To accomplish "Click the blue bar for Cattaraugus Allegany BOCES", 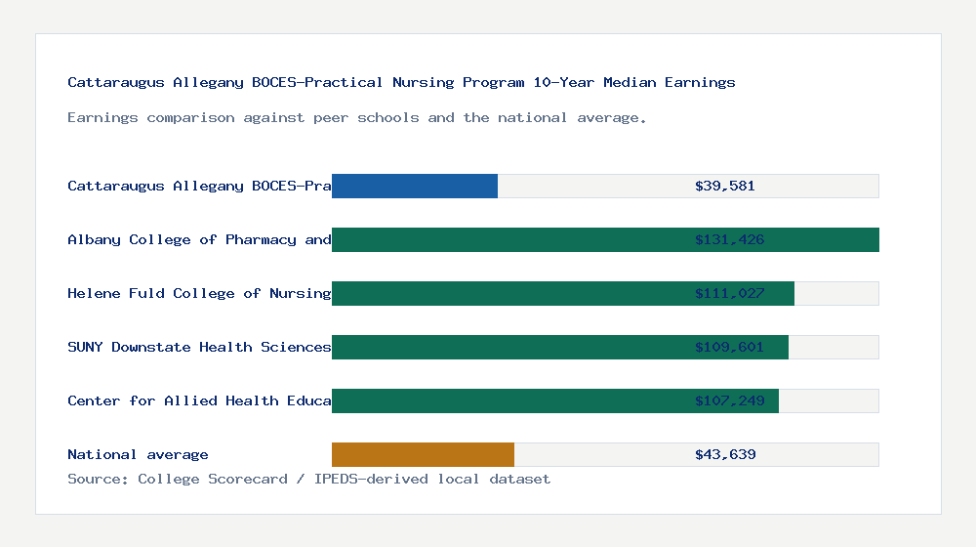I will tap(415, 186).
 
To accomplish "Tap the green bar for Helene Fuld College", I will tap(508, 293).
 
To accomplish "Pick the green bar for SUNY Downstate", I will tap(508, 347).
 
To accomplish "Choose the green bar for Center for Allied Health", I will tap(508, 400).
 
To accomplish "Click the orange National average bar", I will tap(423, 454).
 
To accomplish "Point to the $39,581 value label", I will tap(724, 186).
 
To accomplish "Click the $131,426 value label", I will tap(729, 239).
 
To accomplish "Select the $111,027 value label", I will tap(729, 293).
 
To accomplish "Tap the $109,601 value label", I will tap(729, 347).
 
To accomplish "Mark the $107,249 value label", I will tap(729, 400).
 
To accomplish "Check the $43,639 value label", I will tap(724, 454).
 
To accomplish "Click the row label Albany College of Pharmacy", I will tap(199, 239).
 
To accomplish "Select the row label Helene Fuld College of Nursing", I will tap(199, 293).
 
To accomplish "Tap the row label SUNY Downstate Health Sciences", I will tap(199, 347).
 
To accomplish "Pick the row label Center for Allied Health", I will tap(199, 400).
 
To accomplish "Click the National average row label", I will tap(138, 454).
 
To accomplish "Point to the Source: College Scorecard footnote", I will tap(308, 479).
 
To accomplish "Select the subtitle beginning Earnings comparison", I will tap(357, 117).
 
